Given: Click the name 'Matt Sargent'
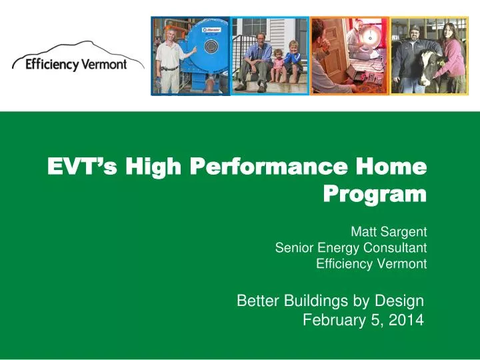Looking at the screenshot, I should [x=388, y=233].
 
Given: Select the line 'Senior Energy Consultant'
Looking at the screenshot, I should [x=351, y=248].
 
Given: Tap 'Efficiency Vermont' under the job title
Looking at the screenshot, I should [x=371, y=263].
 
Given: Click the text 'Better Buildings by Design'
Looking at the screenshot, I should [x=330, y=301].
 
